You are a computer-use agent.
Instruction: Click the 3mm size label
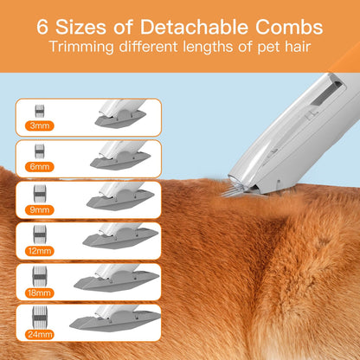click(x=39, y=126)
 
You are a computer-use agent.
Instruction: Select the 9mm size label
click(x=39, y=209)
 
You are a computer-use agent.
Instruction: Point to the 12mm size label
click(x=39, y=251)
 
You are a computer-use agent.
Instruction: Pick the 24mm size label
click(x=39, y=333)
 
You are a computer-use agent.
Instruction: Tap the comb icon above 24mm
click(x=39, y=317)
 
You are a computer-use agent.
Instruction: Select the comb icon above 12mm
click(x=39, y=235)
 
